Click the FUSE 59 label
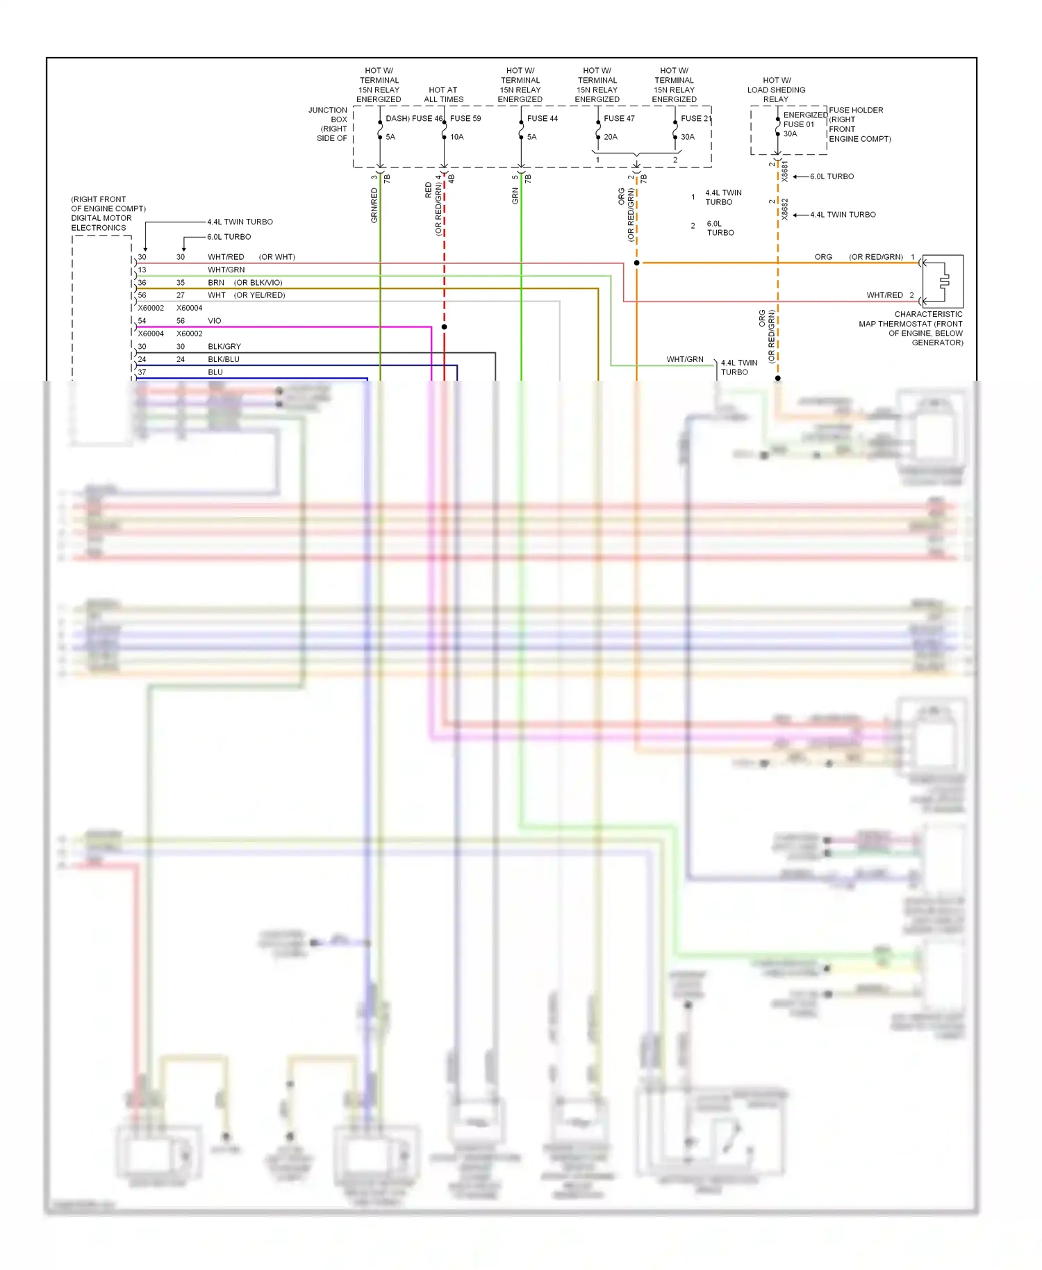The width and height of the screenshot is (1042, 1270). coord(465,118)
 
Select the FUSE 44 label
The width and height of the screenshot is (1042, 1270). coord(542,118)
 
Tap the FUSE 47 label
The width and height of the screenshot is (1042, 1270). coord(619,118)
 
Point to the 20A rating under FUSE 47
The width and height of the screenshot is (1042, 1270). coord(611,137)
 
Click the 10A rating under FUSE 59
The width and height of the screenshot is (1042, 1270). coord(456,137)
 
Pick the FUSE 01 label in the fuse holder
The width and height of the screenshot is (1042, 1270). coord(798,124)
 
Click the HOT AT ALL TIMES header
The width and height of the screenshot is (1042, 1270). coord(443,94)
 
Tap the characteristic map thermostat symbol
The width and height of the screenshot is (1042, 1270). coord(943,281)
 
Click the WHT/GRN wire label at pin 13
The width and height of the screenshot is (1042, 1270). coord(226,270)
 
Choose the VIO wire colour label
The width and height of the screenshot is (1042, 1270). coord(214,321)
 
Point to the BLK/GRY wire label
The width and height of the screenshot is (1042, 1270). coord(224,346)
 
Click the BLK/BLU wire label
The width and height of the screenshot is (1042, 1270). coord(224,359)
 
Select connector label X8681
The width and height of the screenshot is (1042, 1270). coord(785,172)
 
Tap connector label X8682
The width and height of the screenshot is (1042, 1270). coord(785,209)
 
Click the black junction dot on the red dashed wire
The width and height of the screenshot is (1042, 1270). coord(445,327)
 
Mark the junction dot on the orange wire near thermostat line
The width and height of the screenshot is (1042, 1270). coord(636,263)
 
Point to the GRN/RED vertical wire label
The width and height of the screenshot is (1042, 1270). coord(374,205)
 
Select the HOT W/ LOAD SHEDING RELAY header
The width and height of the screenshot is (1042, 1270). coord(776,90)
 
